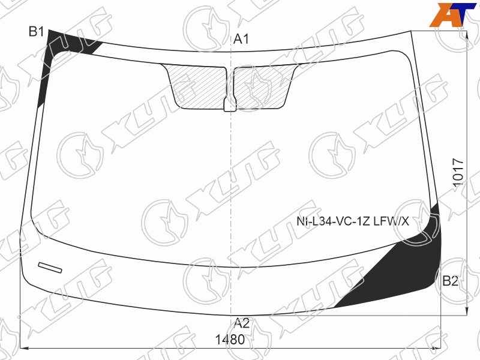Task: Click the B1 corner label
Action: click(37, 32)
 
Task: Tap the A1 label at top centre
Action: click(241, 39)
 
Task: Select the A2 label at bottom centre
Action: click(242, 323)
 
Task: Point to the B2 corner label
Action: click(451, 281)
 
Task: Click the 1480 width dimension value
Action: click(230, 340)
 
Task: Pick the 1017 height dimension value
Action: click(458, 172)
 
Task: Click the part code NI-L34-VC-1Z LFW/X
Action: click(353, 221)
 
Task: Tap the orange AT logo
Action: click(453, 14)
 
